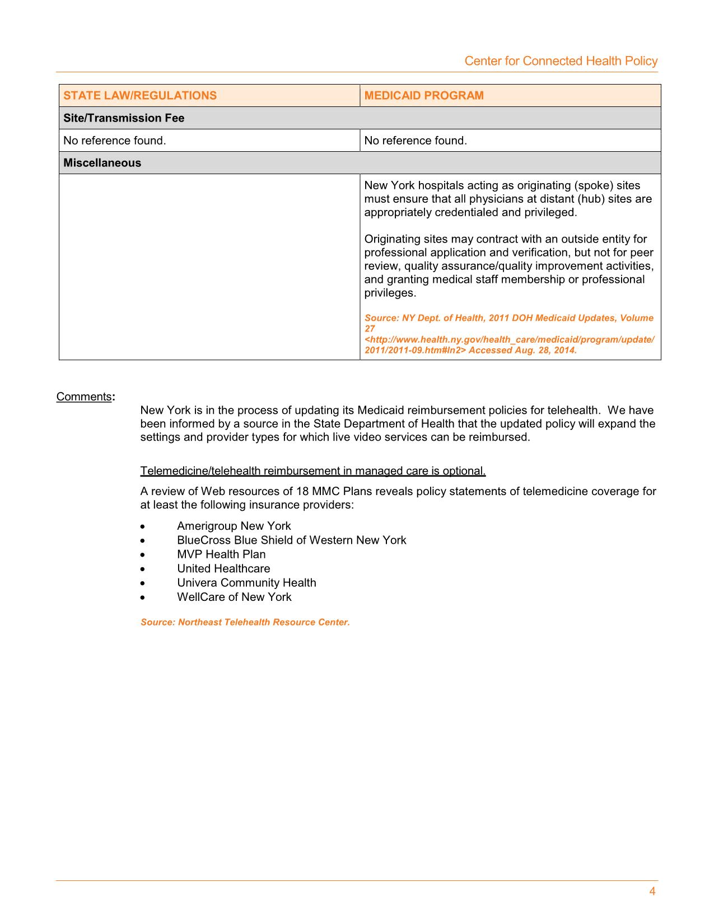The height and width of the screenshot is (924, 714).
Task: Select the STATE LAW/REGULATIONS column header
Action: pyautogui.click(x=140, y=95)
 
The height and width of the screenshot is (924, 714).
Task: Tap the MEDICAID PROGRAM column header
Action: pyautogui.click(x=424, y=95)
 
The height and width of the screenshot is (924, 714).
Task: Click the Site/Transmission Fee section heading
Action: pyautogui.click(x=124, y=118)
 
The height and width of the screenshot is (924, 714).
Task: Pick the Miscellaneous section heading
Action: pyautogui.click(x=102, y=163)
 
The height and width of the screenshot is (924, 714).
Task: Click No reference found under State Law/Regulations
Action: pyautogui.click(x=115, y=141)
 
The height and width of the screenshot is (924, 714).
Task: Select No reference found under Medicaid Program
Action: pyautogui.click(x=416, y=141)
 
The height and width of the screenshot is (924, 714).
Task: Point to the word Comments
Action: pyautogui.click(x=84, y=397)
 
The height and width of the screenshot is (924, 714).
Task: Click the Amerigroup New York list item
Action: pyautogui.click(x=234, y=526)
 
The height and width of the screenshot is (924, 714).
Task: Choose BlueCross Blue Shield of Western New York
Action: pyautogui.click(x=292, y=540)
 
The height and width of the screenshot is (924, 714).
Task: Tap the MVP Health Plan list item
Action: pyautogui.click(x=221, y=554)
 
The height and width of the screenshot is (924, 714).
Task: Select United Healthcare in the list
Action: pyautogui.click(x=223, y=568)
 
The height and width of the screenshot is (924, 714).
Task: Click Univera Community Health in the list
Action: pyautogui.click(x=246, y=583)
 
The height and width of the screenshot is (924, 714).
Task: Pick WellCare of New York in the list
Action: pyautogui.click(x=234, y=597)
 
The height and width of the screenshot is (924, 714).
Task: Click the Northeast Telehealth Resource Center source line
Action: pyautogui.click(x=245, y=622)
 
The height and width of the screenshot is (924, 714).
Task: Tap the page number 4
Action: pyautogui.click(x=652, y=892)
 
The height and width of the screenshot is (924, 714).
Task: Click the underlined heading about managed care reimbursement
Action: pyautogui.click(x=313, y=471)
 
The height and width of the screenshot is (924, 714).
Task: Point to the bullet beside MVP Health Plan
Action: pyautogui.click(x=144, y=555)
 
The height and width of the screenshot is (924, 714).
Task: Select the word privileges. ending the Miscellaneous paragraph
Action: pyautogui.click(x=390, y=293)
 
